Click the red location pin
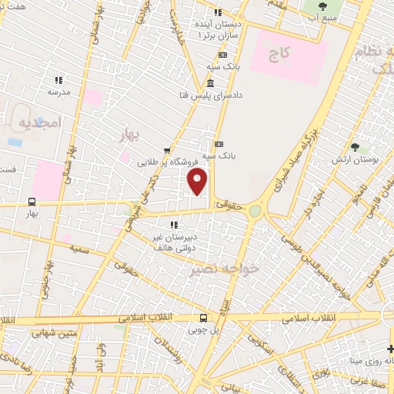click(199, 181)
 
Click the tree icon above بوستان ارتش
click(355, 147)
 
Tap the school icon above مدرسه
click(58, 79)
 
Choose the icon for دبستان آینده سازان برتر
click(218, 12)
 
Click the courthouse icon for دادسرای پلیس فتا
click(211, 83)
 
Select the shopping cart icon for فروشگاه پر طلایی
click(167, 151)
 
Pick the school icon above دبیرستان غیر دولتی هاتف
click(174, 225)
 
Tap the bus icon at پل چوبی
click(203, 318)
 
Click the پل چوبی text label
click(203, 329)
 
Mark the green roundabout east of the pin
click(255, 209)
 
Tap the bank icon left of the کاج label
click(222, 55)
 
